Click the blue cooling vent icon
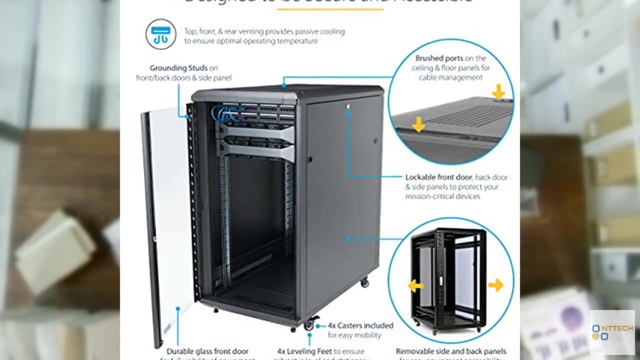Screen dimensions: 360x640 [160, 34]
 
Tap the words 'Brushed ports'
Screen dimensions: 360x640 [438, 58]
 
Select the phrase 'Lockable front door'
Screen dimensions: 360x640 [438, 177]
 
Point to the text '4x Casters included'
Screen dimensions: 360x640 [360, 325]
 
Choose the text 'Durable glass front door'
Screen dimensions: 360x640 [207, 351]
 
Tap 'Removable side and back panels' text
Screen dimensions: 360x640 [451, 351]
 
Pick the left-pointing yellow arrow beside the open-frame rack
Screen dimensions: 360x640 [415, 285]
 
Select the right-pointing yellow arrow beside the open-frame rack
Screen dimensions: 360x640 [495, 285]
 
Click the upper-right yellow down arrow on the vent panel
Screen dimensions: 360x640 [498, 91]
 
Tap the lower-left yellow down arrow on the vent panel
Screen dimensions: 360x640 [418, 125]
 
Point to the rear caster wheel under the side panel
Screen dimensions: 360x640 [364, 282]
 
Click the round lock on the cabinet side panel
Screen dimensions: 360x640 [348, 106]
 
